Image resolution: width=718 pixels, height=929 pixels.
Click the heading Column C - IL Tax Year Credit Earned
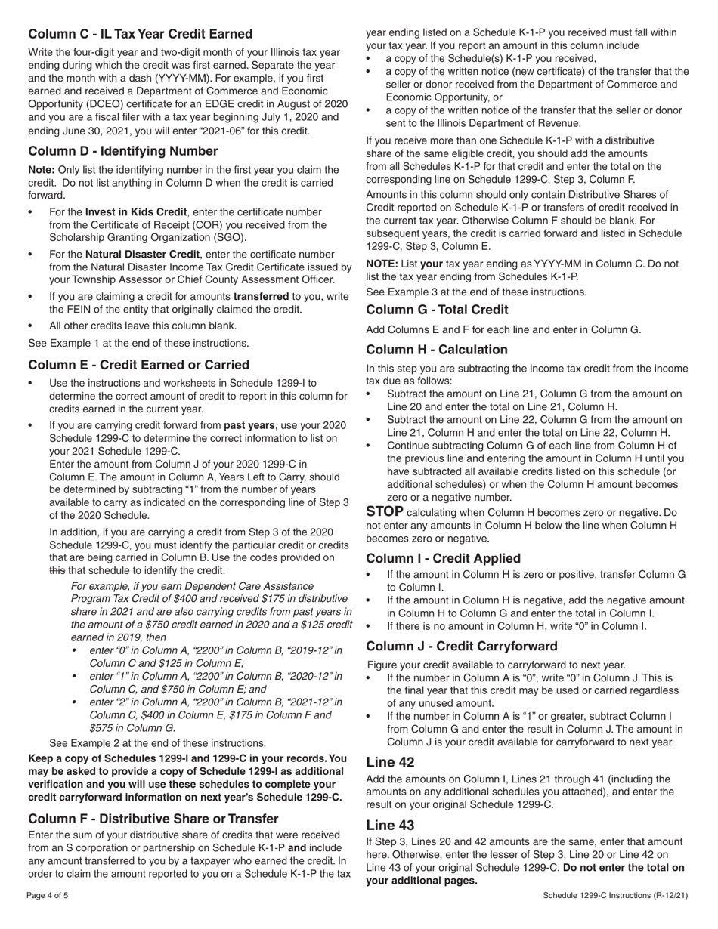(x=141, y=34)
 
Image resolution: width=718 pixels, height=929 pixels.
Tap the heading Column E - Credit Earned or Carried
(x=138, y=365)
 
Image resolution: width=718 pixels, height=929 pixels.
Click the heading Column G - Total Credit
(x=437, y=310)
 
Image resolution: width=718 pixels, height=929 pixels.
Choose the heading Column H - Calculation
(x=437, y=350)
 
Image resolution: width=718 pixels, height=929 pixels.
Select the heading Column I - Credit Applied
(x=443, y=558)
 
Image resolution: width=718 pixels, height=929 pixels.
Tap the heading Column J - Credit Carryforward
(x=462, y=646)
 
